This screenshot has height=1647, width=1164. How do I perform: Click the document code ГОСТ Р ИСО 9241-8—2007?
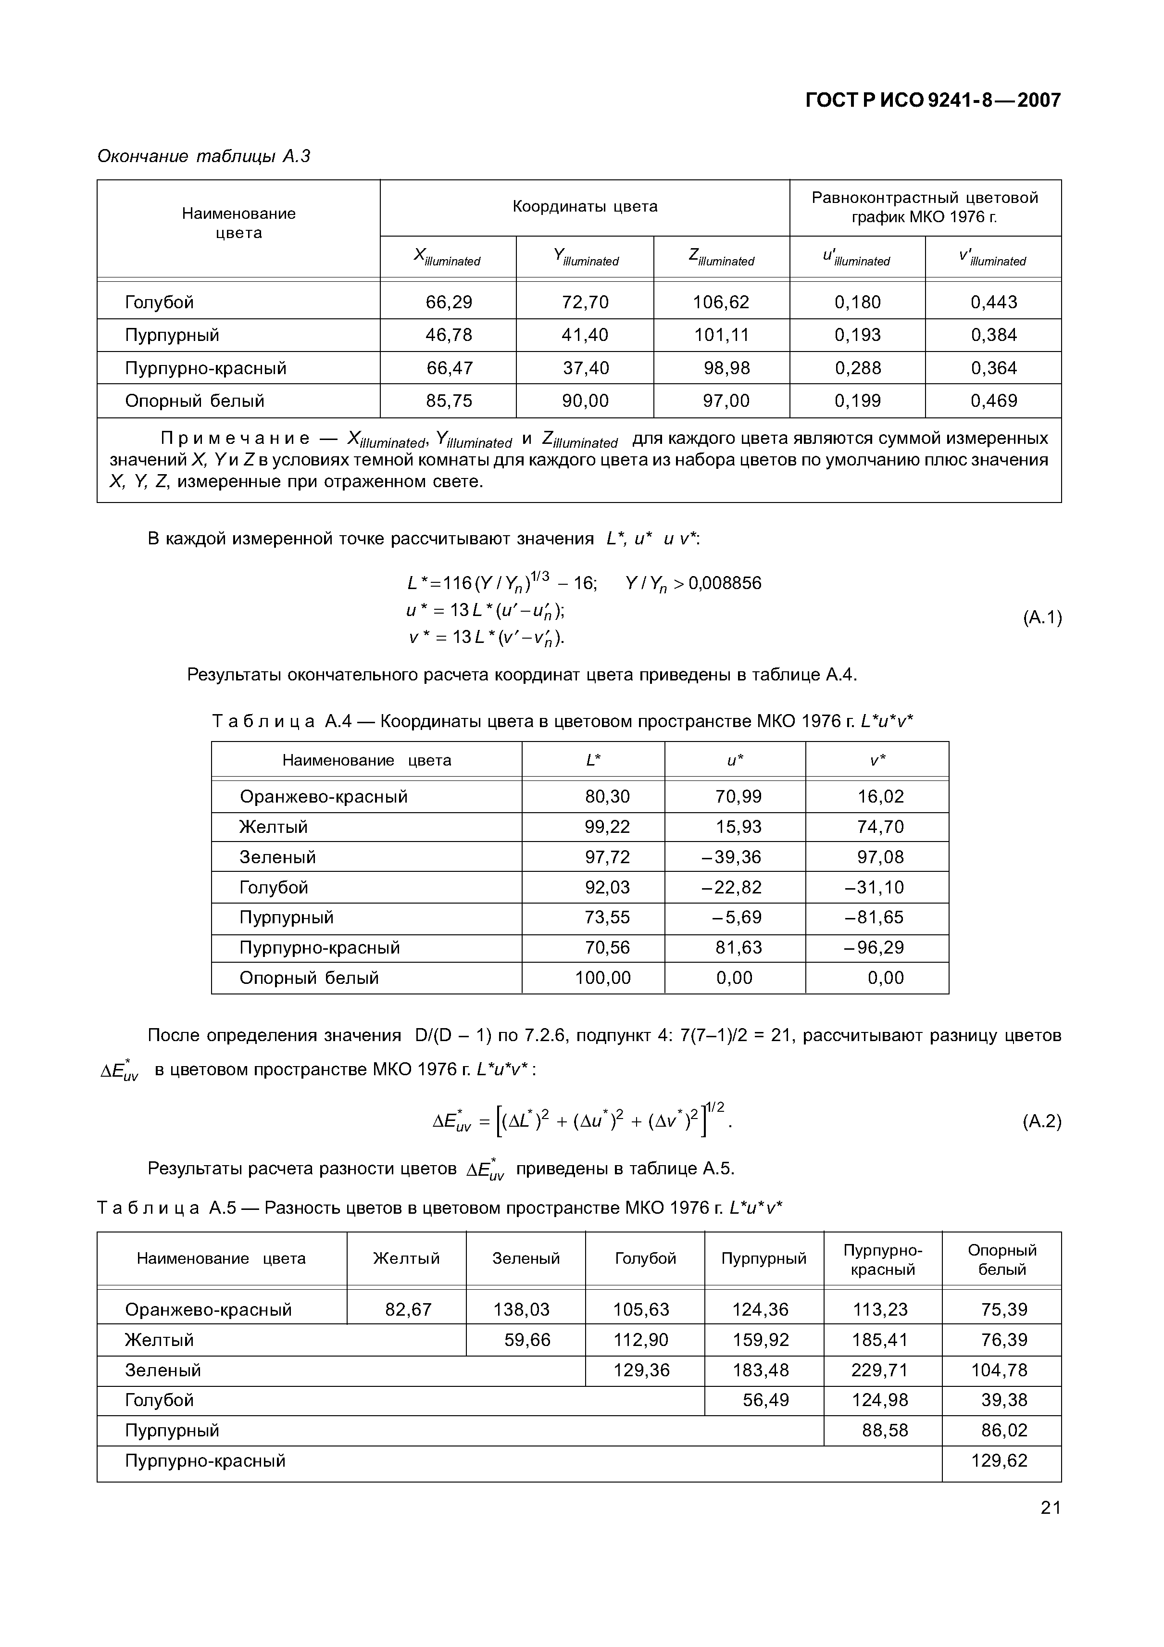[x=932, y=101]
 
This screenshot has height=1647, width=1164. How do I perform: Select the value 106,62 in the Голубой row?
[x=721, y=302]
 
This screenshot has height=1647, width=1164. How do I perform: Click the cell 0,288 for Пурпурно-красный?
[x=857, y=368]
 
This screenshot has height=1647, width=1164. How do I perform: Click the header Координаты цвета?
[x=585, y=207]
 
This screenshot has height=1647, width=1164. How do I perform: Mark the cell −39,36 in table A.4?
[x=732, y=857]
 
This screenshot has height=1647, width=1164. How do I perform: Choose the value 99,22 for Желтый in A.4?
[x=607, y=827]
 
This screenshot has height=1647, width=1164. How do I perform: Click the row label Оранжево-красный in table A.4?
[x=324, y=796]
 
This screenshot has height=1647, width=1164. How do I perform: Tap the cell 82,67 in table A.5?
[x=408, y=1310]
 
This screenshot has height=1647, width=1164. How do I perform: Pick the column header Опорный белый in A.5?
[x=1002, y=1259]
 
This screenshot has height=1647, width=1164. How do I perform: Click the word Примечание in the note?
[x=235, y=438]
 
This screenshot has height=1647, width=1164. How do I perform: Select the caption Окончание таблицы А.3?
[x=204, y=156]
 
